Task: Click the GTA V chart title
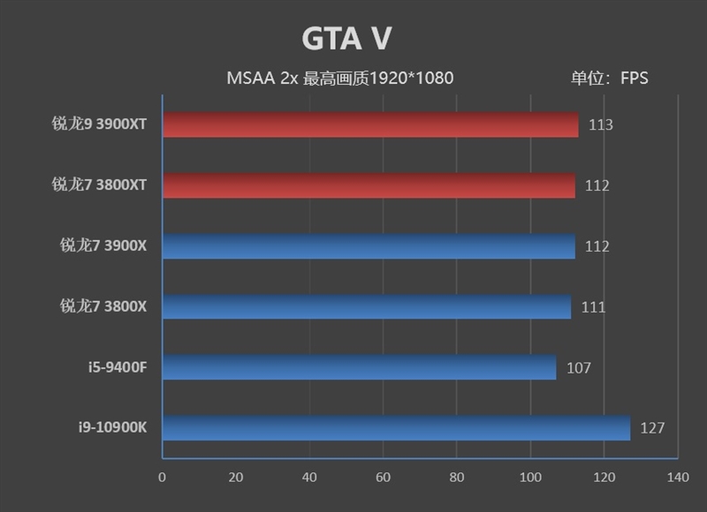346,39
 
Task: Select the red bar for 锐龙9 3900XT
370,124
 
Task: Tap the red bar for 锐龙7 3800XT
369,185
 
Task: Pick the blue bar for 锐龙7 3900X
369,246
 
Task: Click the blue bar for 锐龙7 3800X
367,307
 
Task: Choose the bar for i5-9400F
360,367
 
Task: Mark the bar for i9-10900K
396,428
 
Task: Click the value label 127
652,428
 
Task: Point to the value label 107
578,368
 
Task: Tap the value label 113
600,124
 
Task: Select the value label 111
593,307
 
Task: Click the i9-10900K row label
112,428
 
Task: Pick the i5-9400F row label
116,367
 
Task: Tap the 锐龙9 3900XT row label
99,124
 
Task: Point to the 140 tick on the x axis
677,478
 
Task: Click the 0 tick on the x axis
162,478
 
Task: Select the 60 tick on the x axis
383,478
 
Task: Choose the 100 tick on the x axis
530,478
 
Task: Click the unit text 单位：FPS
609,78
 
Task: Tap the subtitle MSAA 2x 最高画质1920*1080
340,78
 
